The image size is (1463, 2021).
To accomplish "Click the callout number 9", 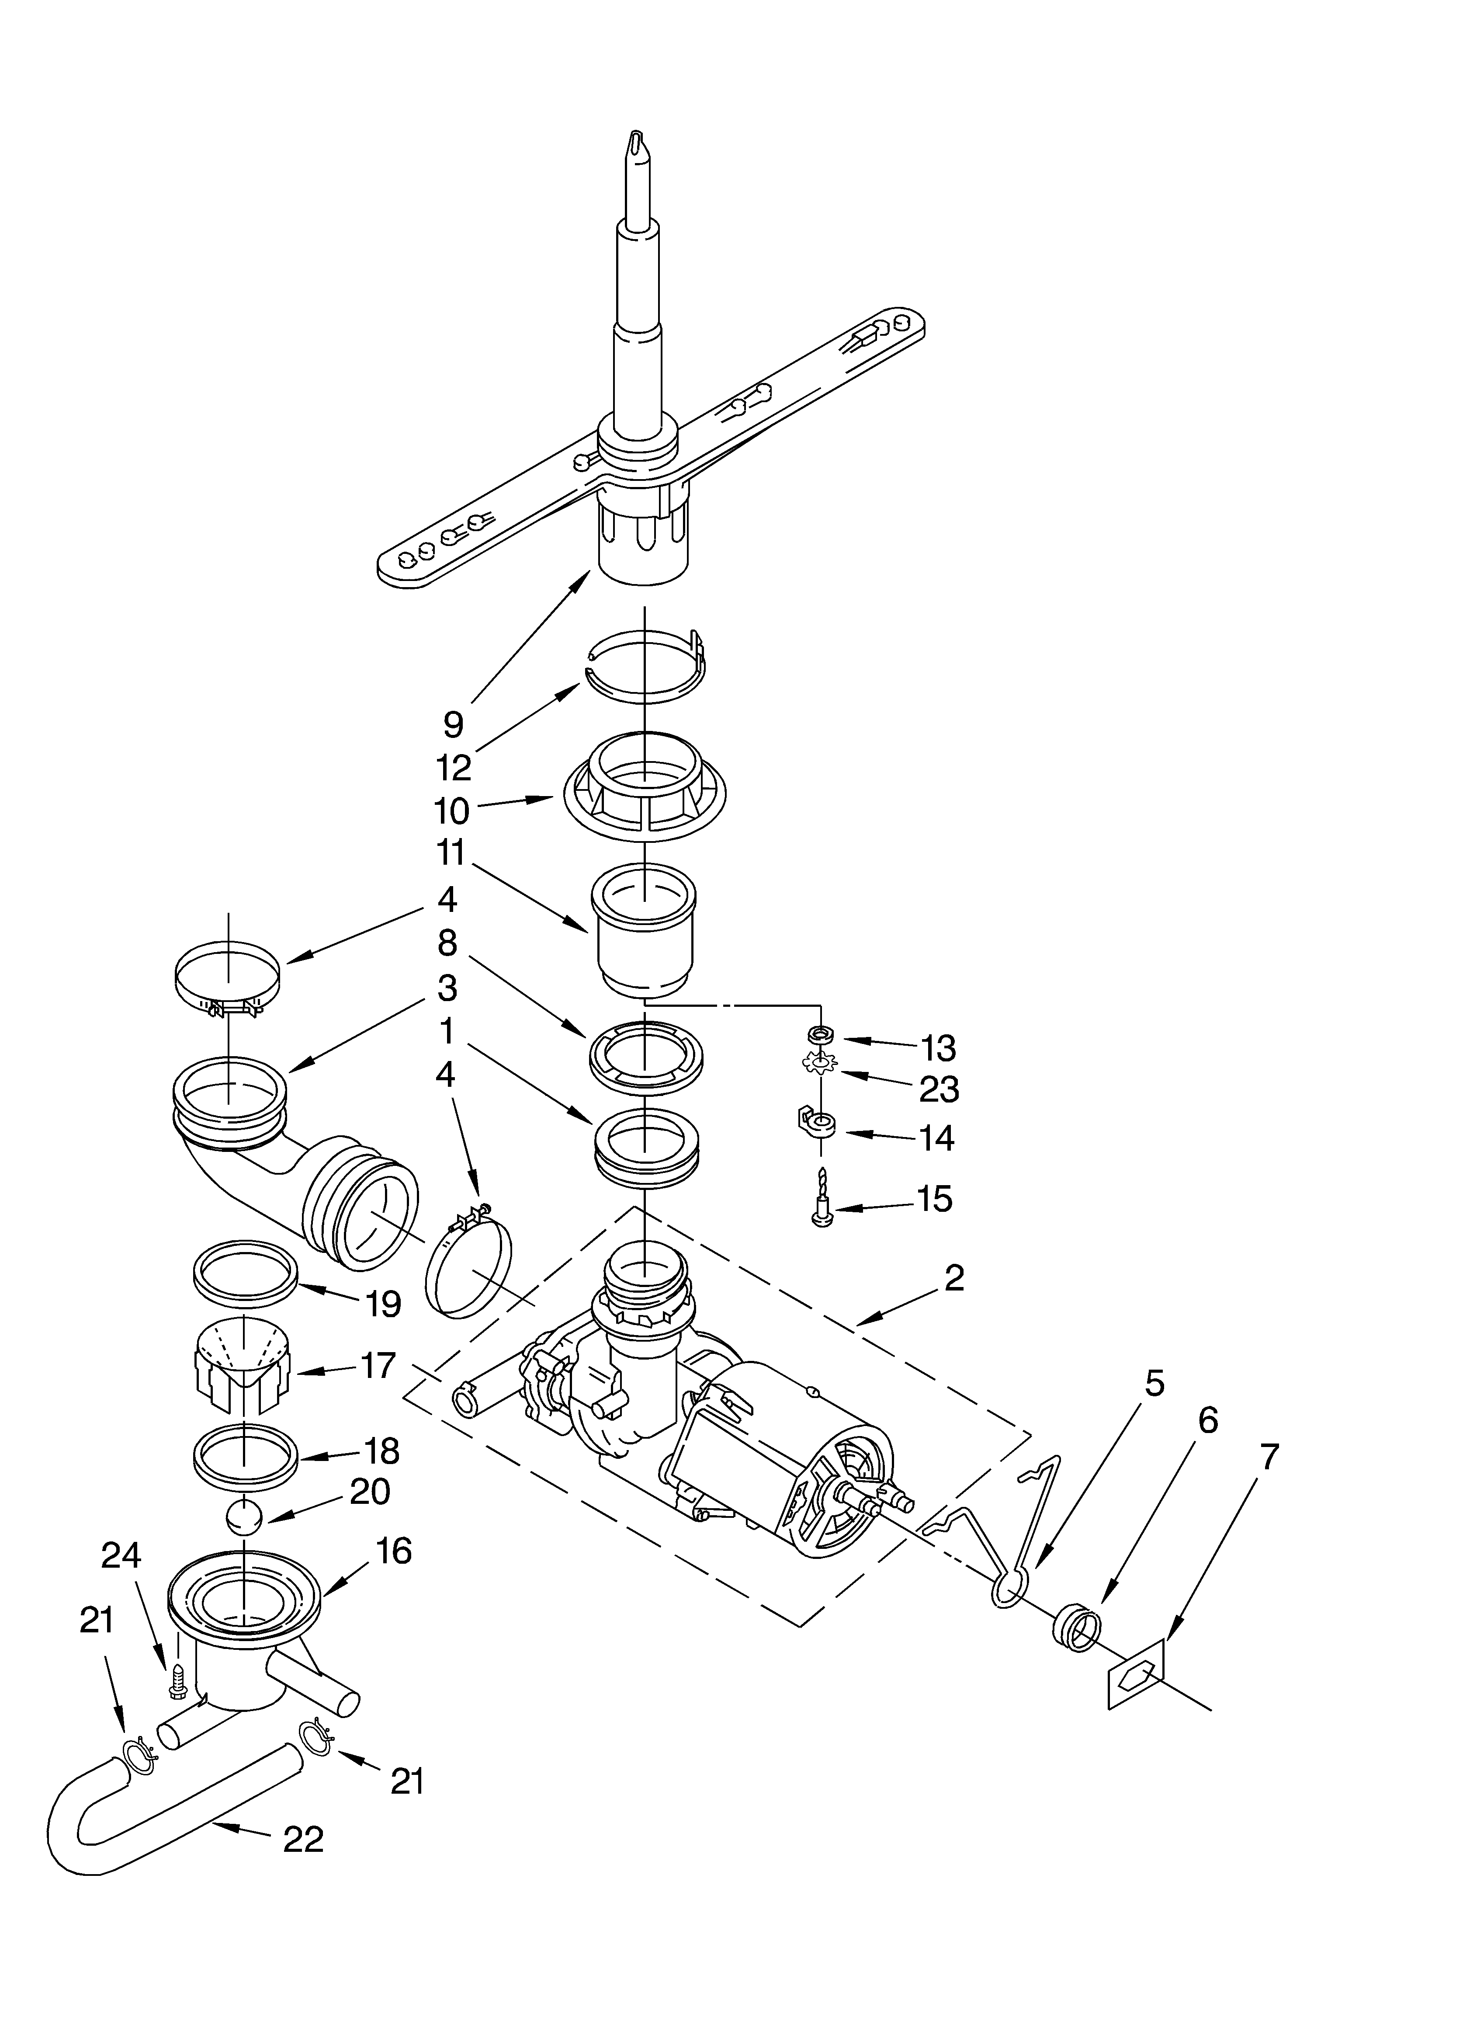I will click(454, 724).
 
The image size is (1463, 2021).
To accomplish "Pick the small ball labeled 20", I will click(244, 1517).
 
